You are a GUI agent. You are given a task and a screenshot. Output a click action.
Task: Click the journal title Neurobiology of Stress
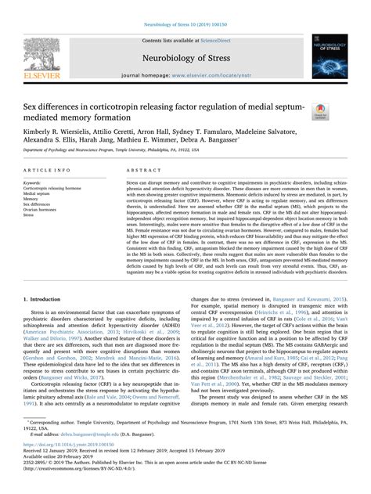(185, 57)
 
